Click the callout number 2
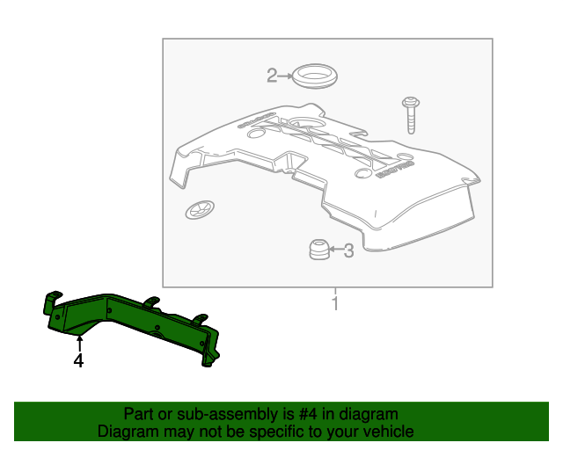point(272,76)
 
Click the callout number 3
point(348,251)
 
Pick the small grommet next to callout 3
point(318,250)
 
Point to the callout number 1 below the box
point(334,304)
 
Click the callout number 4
point(78,360)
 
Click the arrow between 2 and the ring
point(285,76)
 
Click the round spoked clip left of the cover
point(198,210)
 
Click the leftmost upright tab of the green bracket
point(50,302)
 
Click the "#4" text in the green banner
point(289,414)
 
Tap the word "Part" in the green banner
point(140,414)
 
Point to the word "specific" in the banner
point(285,432)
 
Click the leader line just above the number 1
point(334,292)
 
